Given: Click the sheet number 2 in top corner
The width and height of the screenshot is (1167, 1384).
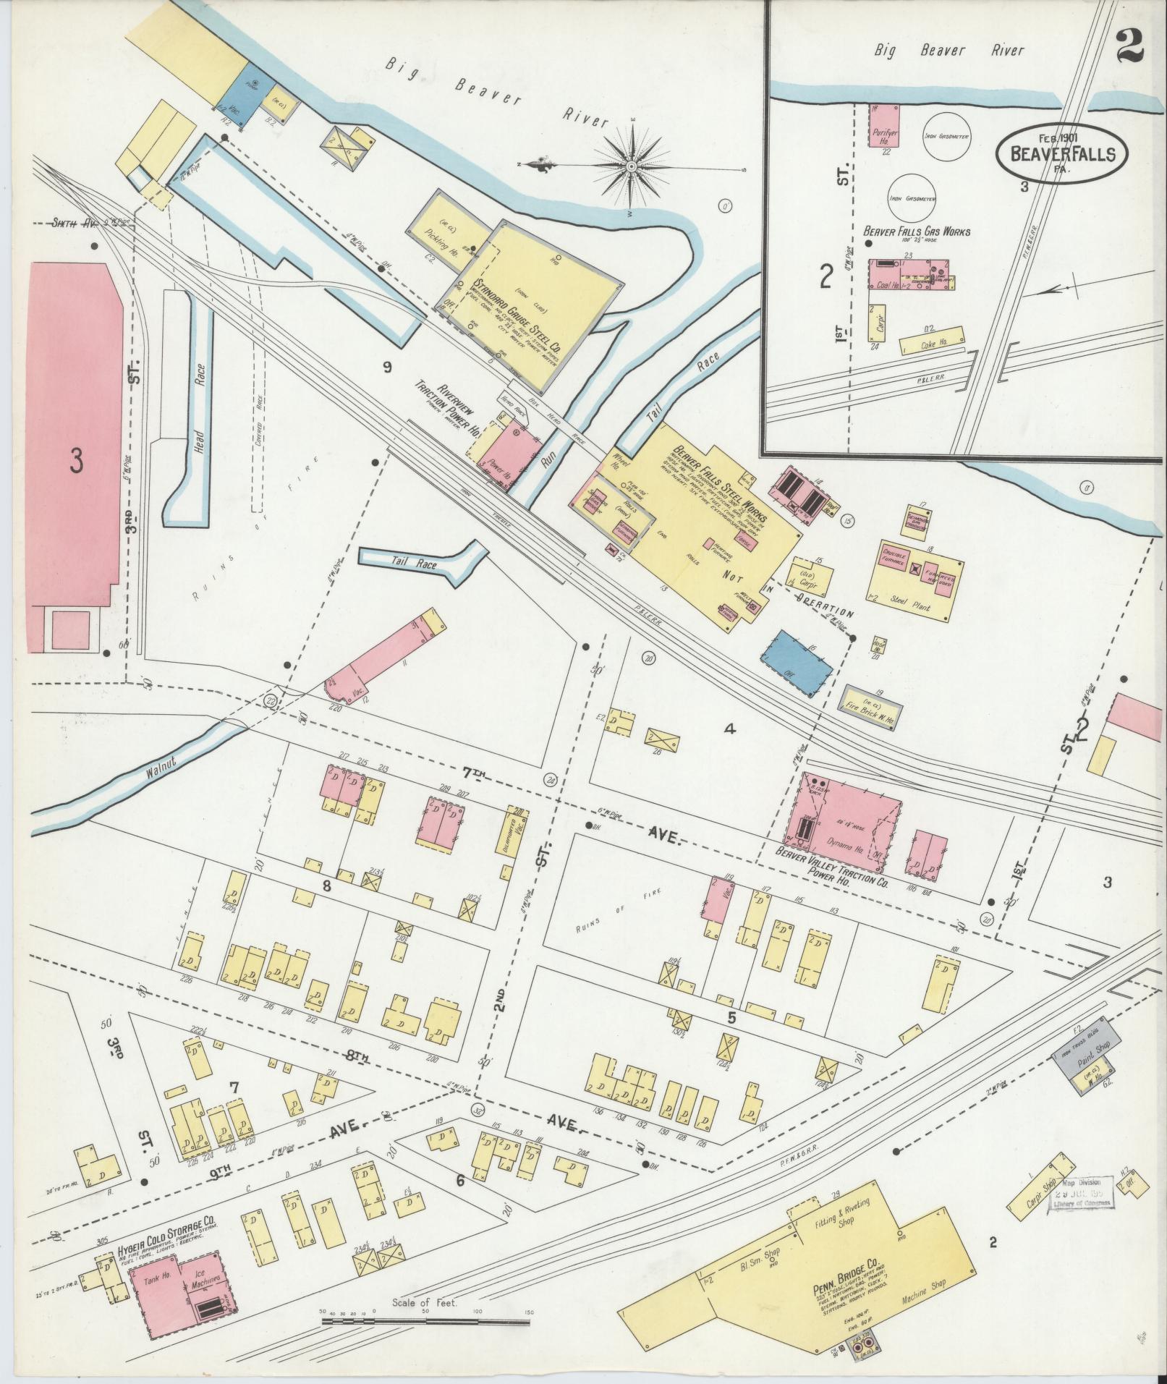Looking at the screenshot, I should (1129, 48).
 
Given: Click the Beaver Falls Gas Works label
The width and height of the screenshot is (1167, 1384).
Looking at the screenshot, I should (917, 232).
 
